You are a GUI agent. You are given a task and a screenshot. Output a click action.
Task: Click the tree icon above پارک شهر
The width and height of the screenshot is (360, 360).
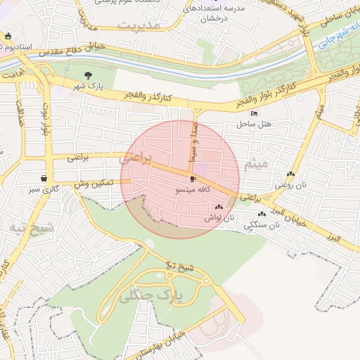88,75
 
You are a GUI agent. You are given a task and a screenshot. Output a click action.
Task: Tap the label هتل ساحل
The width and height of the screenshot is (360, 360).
249,124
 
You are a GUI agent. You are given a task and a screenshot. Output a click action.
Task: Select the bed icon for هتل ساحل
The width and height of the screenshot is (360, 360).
254,114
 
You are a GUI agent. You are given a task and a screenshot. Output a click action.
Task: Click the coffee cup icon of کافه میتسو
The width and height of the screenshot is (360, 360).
193,179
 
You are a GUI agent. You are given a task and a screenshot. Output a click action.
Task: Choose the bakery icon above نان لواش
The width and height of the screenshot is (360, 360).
219,207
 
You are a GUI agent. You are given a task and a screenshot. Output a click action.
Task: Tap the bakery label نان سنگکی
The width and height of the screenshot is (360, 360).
262,225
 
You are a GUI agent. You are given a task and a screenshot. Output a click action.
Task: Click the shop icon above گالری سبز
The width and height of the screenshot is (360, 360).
44,179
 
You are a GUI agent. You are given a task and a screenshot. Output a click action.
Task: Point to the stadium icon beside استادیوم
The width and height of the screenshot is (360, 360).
8,37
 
